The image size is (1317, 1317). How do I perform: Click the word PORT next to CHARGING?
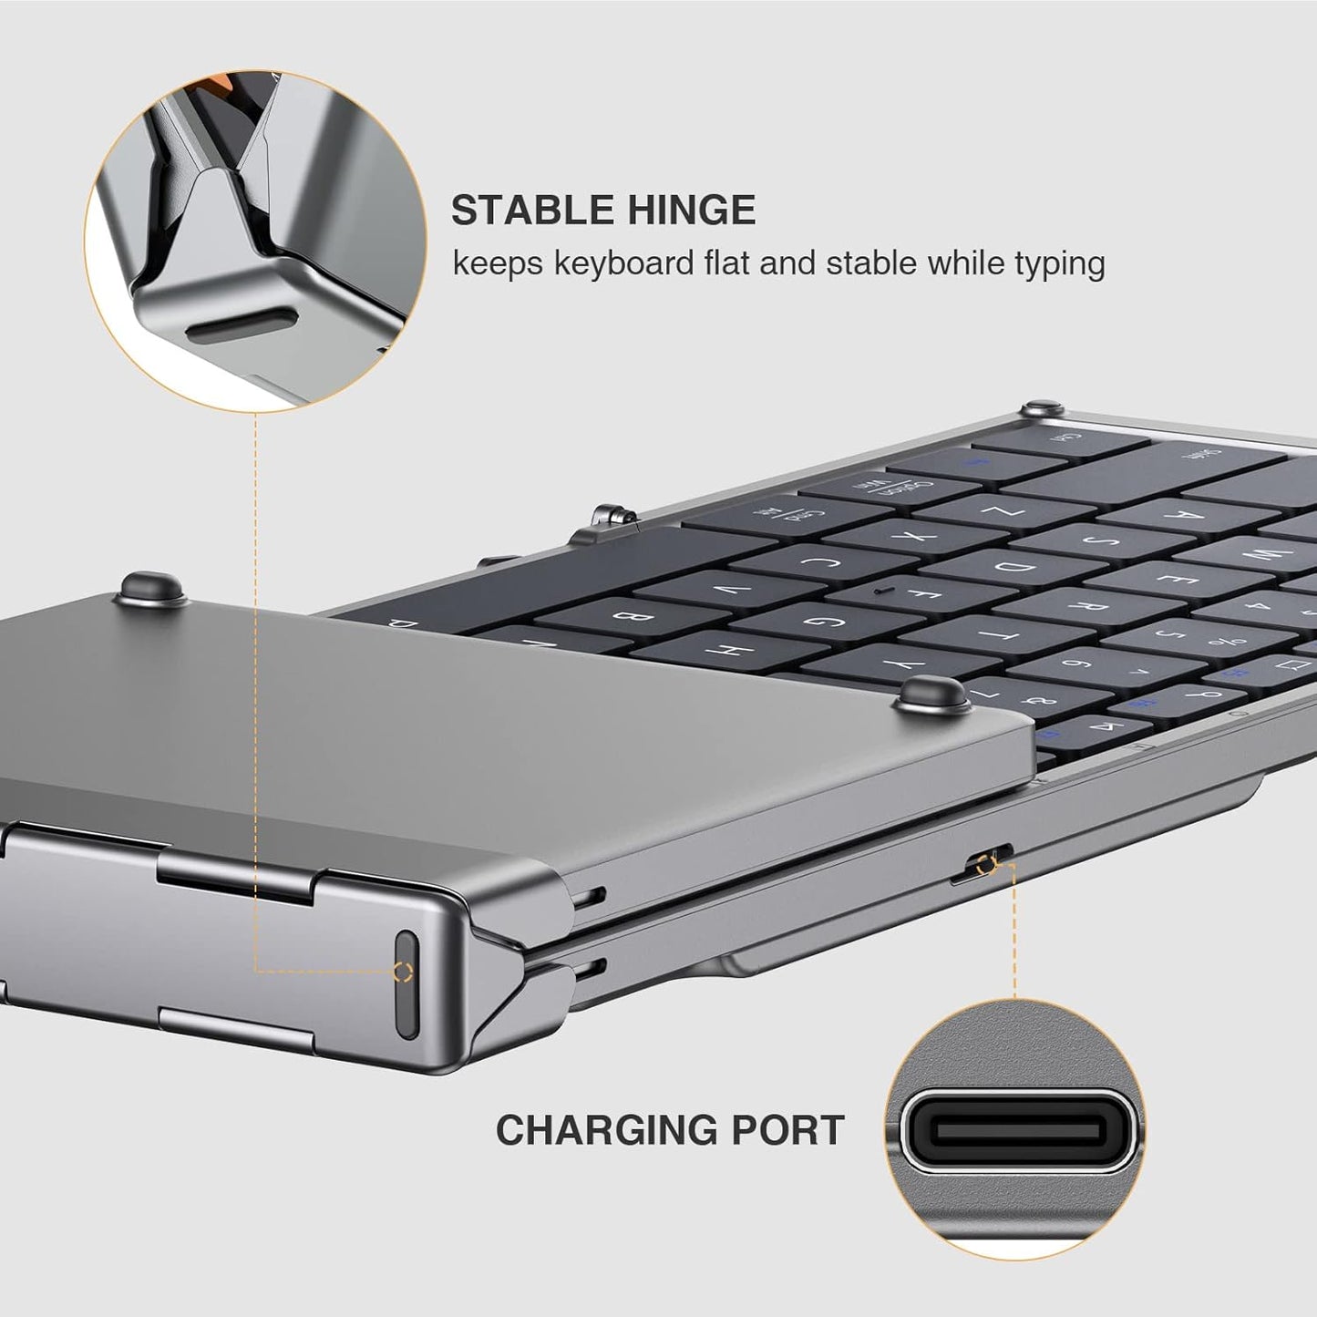(x=789, y=1130)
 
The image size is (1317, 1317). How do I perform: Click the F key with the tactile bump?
(x=902, y=596)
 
